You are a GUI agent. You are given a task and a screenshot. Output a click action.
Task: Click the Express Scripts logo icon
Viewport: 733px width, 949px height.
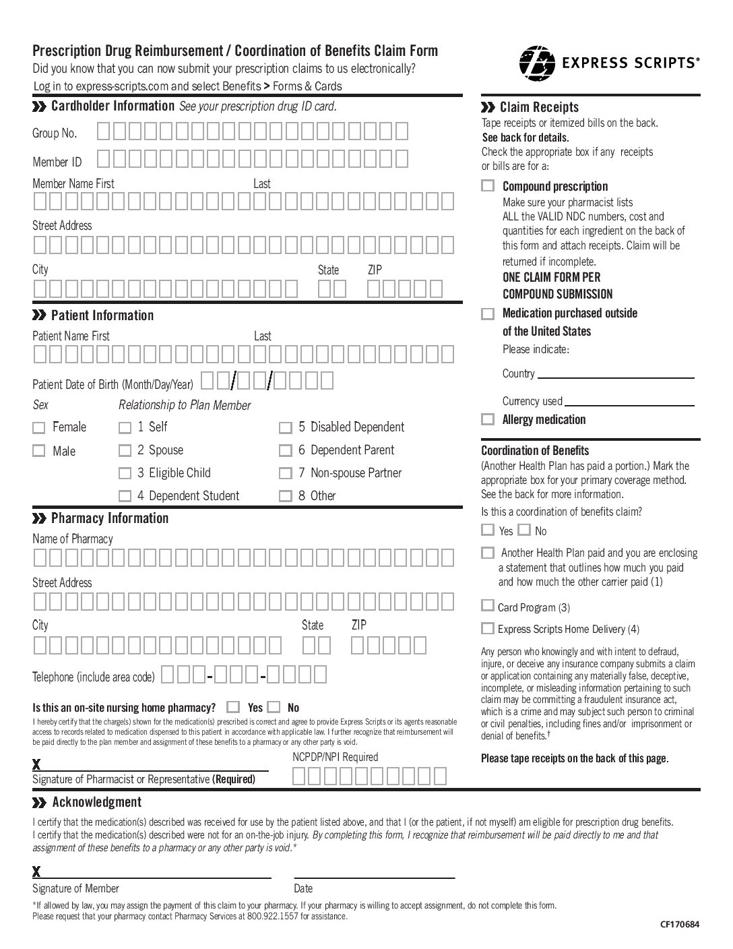pyautogui.click(x=537, y=63)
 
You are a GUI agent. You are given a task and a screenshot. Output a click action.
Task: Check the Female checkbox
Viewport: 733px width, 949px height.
pyautogui.click(x=39, y=428)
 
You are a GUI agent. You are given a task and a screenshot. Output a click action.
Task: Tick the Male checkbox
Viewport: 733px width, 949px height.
pyautogui.click(x=39, y=451)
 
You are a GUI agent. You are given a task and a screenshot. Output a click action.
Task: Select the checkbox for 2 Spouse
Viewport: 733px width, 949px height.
pyautogui.click(x=125, y=451)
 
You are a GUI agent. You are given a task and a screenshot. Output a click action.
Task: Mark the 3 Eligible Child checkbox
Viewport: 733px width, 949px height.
pyautogui.click(x=125, y=474)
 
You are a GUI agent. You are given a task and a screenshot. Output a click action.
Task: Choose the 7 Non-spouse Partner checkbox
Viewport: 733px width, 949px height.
pyautogui.click(x=286, y=474)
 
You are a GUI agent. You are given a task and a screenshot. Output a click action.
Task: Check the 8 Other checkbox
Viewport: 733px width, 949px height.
pyautogui.click(x=286, y=497)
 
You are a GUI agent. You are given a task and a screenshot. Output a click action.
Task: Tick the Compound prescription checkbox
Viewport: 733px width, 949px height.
pyautogui.click(x=488, y=186)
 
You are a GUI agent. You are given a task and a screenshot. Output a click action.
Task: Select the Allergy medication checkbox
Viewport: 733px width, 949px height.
pyautogui.click(x=488, y=419)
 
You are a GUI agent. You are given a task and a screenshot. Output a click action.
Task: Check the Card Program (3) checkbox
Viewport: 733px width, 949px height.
pyautogui.click(x=488, y=606)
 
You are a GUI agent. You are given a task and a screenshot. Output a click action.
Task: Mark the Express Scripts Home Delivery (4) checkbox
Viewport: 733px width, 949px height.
pyautogui.click(x=488, y=629)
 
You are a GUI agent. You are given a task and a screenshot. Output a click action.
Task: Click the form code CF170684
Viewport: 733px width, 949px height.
pyautogui.click(x=680, y=924)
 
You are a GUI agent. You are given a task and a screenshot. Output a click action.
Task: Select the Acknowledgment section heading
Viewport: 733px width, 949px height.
pyautogui.click(x=96, y=802)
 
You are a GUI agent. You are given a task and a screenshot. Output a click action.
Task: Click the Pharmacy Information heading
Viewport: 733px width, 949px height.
pyautogui.click(x=109, y=518)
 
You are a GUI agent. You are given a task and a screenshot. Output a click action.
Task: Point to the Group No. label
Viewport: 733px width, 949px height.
pyautogui.click(x=55, y=133)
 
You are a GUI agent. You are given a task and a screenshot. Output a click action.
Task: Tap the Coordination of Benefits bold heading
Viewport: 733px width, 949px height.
pyautogui.click(x=535, y=451)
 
